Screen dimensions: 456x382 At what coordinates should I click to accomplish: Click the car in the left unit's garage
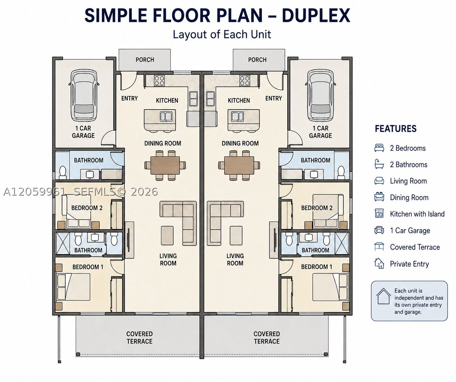(x=84, y=95)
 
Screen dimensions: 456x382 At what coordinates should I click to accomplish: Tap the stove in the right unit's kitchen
(x=244, y=81)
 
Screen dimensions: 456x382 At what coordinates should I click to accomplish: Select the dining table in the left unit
(x=165, y=165)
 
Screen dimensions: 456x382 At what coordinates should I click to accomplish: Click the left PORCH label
(x=145, y=60)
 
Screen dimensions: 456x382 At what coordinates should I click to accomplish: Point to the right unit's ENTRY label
(x=274, y=98)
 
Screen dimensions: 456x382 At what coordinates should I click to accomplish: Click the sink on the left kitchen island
(x=166, y=116)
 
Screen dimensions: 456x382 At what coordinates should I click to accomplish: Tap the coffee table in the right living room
(x=236, y=235)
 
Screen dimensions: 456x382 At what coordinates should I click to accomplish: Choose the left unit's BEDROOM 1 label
(x=88, y=267)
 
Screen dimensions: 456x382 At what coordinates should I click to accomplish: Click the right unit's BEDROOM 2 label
(x=317, y=208)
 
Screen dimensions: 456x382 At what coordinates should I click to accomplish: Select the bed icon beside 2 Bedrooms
(x=379, y=148)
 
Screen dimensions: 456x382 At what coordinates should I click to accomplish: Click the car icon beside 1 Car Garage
(x=379, y=230)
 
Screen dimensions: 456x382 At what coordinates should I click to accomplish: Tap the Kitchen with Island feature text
(x=417, y=214)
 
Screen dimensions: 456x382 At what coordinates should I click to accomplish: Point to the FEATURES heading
(x=396, y=129)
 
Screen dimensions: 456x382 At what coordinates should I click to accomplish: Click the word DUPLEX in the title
(x=316, y=16)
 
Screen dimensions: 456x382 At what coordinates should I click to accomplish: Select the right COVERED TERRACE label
(x=267, y=338)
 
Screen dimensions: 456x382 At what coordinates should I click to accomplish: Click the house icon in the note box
(x=383, y=296)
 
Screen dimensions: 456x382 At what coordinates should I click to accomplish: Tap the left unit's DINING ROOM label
(x=163, y=143)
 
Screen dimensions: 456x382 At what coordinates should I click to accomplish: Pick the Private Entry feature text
(x=409, y=264)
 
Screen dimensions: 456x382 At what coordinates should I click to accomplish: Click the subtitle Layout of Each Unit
(x=222, y=35)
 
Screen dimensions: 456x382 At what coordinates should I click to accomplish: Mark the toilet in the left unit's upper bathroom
(x=63, y=172)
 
